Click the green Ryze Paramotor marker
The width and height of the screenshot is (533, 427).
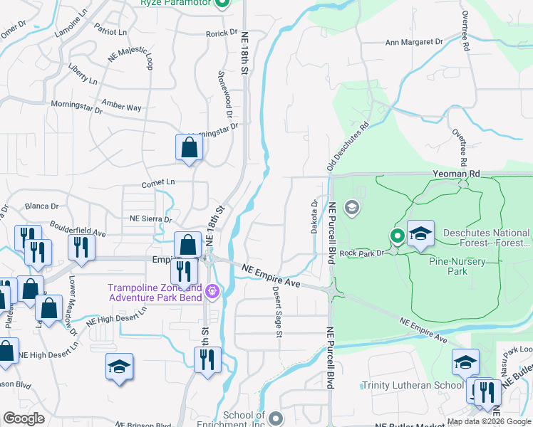click(x=222, y=4)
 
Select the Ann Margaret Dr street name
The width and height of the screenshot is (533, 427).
click(x=413, y=43)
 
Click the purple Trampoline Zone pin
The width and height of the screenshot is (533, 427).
click(x=212, y=291)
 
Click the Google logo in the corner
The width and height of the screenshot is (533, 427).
click(x=24, y=418)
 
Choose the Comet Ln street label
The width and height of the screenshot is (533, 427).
click(x=159, y=182)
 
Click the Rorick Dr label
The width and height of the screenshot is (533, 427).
click(x=222, y=33)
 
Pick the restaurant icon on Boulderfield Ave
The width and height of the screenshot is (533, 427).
click(x=81, y=246)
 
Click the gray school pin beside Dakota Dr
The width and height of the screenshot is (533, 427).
click(x=351, y=208)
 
